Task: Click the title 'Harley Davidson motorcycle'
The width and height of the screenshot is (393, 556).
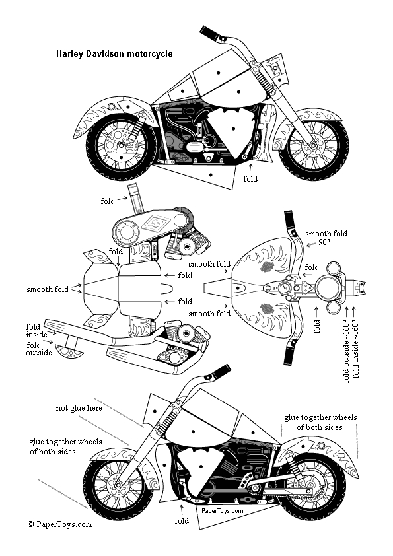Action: [x=114, y=54]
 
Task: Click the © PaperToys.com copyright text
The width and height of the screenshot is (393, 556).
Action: [x=59, y=524]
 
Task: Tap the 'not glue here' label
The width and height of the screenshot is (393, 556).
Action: [x=79, y=408]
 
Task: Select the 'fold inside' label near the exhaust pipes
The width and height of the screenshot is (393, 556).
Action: [x=36, y=330]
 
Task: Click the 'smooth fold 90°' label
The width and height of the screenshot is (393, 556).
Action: [x=326, y=238]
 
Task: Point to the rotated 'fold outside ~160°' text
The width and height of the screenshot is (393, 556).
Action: [x=347, y=351]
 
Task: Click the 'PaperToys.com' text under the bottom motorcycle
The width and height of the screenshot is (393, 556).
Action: [x=223, y=511]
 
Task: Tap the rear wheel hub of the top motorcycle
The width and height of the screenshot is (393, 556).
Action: [x=120, y=145]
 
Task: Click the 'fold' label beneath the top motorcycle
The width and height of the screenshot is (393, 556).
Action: [x=250, y=179]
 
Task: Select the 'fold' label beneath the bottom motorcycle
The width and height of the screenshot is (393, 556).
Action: [x=182, y=521]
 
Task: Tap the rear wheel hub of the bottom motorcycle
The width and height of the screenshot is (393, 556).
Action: [x=309, y=485]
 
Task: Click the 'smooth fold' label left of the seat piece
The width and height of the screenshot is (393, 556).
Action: [x=48, y=289]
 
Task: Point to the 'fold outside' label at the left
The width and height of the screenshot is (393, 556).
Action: [x=39, y=349]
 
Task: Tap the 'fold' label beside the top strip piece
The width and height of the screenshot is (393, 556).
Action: [x=108, y=201]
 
